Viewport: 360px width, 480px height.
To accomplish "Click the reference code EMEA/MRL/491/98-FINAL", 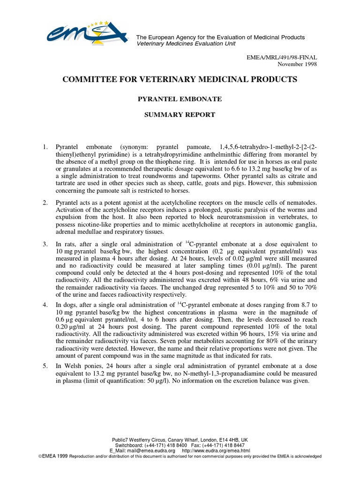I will coord(282,57).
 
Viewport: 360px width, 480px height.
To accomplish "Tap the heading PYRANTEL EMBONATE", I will coord(180,99).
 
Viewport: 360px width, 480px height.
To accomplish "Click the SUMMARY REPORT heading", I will coord(180,114).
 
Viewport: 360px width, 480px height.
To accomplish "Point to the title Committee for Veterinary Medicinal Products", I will coord(180,80).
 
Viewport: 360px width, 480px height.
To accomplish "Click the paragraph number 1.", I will coord(45,147).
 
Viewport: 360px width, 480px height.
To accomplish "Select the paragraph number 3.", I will coord(45,244).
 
